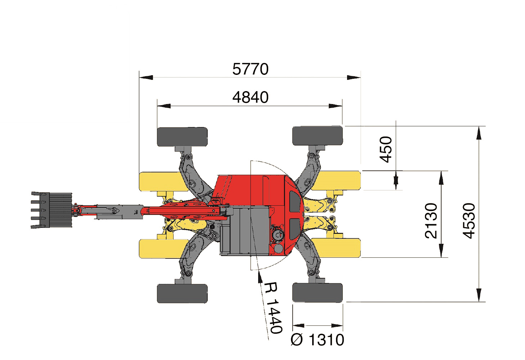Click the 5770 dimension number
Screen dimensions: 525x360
point(250,69)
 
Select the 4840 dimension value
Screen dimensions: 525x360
point(250,97)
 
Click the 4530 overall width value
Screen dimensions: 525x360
point(469,221)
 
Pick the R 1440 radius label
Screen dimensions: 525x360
point(274,308)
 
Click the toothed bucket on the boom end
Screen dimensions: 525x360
point(51,210)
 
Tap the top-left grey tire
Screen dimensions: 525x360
point(182,137)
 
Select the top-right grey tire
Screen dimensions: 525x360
point(318,136)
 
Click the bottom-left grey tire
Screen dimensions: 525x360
point(182,293)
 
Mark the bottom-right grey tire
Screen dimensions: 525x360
point(318,292)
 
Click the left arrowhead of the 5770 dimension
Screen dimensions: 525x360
point(146,77)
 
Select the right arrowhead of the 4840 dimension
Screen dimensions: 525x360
point(335,106)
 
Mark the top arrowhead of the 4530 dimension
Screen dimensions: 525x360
point(479,133)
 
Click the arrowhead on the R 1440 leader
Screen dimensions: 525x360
point(260,277)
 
